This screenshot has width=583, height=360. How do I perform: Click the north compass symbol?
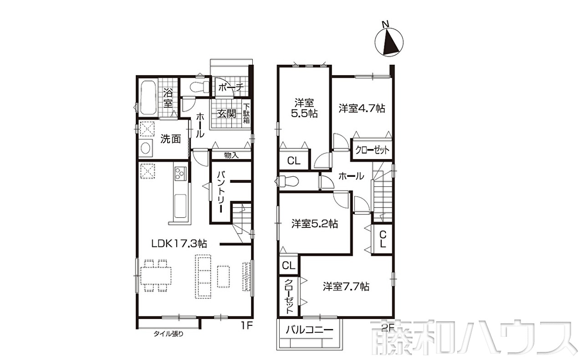pos(389,41)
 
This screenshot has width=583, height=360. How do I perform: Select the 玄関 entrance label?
pos(227,113)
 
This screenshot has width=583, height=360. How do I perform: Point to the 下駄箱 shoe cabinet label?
pos(246,113)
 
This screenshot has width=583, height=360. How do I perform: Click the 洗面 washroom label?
pos(170,139)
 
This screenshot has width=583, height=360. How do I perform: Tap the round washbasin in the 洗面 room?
pos(145,148)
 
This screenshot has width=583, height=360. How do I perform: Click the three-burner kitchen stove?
pos(180,174)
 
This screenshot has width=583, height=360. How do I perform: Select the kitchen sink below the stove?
pos(180,206)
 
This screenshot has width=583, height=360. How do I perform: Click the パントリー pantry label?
pos(221,192)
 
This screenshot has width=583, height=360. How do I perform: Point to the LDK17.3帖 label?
pos(179,243)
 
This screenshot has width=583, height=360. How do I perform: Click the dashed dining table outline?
pos(156,276)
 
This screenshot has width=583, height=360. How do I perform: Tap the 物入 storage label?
pos(231,155)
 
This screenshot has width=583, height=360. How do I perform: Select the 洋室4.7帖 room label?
pos(362,108)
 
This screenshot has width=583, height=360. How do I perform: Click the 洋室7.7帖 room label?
pos(346,287)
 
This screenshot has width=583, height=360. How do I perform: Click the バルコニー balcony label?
pos(309,330)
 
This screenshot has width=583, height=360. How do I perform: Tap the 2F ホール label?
pos(351,177)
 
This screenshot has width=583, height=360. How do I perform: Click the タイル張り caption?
pos(169,334)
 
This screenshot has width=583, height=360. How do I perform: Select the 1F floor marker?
pos(246,326)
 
